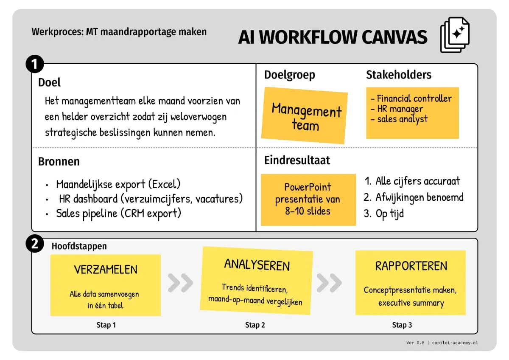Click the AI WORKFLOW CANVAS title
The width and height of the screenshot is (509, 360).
(333, 37)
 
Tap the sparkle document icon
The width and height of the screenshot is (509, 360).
(455, 35)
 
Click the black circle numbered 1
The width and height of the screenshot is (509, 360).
(35, 65)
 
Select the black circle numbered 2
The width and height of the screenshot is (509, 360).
(35, 244)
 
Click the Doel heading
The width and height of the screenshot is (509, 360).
(49, 82)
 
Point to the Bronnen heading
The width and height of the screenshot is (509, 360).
(59, 162)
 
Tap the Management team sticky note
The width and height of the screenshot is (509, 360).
(305, 115)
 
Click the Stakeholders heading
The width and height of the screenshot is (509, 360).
(398, 75)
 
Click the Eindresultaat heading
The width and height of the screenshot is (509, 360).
(297, 160)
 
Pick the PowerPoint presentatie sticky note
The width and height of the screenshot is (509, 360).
(308, 199)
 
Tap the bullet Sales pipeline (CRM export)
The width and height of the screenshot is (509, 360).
(118, 213)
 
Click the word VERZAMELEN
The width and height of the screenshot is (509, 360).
(106, 270)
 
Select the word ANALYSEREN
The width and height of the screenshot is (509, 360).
(257, 265)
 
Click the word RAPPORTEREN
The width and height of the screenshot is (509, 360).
(411, 266)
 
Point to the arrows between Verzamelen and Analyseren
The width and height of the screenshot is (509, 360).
(180, 283)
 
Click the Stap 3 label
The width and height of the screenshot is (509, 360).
(402, 325)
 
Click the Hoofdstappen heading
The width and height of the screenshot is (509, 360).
(79, 246)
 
